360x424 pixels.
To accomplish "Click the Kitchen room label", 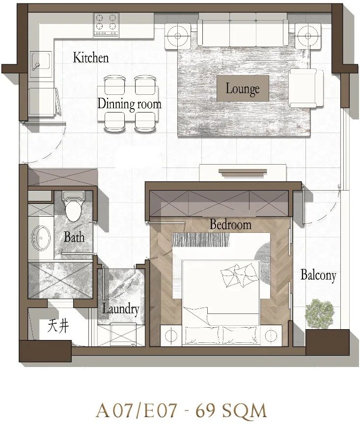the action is [x=91, y=58].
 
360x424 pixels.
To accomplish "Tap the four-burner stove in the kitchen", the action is [x=106, y=25].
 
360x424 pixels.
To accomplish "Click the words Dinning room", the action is [x=129, y=104].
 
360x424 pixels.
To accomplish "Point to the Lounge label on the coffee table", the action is [x=243, y=88].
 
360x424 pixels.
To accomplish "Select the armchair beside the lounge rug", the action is [x=306, y=88].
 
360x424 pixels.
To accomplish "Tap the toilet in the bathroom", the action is [x=73, y=205].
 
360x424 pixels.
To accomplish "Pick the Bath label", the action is [x=74, y=237].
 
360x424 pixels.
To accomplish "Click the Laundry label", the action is [x=120, y=309].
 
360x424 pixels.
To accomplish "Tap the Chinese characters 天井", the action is [x=58, y=326].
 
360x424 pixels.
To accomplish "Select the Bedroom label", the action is [x=230, y=225].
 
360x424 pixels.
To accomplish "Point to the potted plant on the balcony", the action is [x=320, y=313].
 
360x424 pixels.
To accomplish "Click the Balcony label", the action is [x=318, y=275].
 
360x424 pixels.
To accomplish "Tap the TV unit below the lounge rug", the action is [x=243, y=172].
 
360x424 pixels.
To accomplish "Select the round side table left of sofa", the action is [x=178, y=36].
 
